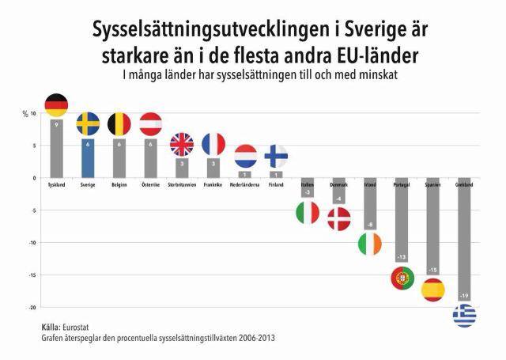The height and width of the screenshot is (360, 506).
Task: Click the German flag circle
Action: coord(56,104)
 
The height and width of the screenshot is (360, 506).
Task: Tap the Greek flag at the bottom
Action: coord(464,316)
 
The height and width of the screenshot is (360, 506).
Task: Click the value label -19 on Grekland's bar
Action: coord(464,296)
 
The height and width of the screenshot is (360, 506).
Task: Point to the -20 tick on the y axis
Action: coord(31,307)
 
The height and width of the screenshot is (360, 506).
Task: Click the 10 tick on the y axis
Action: coord(32,113)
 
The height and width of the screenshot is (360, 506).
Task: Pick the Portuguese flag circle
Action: coord(403,278)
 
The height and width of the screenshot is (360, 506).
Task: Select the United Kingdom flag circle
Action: coord(182,144)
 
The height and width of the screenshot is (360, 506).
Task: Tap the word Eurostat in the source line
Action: coord(80,326)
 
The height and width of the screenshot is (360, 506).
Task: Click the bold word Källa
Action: coord(52,326)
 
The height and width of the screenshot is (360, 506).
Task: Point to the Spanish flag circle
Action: coord(433,290)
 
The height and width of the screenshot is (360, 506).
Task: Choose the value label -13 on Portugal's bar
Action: coord(402,258)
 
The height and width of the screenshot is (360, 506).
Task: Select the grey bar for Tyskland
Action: coord(56,150)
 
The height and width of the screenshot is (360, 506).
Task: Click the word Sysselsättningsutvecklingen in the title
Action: coord(198,32)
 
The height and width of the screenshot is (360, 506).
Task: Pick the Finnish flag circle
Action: coord(276,155)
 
